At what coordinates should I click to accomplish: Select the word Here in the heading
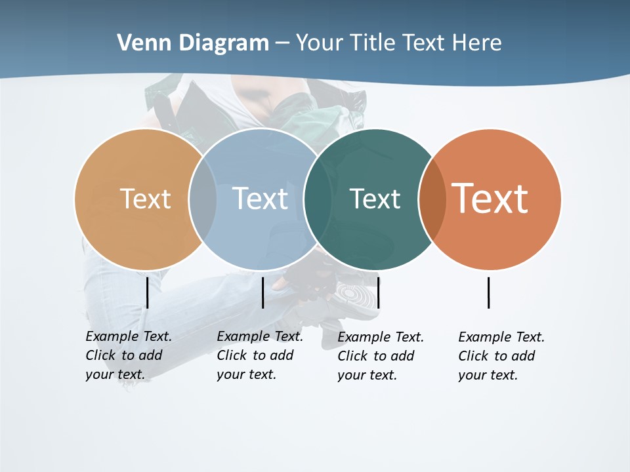477,43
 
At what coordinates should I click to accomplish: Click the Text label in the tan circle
145,199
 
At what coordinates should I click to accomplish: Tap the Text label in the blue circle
260,199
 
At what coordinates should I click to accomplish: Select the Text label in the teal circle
375,199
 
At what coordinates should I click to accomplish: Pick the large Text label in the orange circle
490,198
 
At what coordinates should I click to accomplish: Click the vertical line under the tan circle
147,292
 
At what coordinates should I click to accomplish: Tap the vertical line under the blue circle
262,292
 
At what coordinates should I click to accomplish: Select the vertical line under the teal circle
378,292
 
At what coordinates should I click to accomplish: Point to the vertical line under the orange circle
488,292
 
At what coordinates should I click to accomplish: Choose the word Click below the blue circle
231,355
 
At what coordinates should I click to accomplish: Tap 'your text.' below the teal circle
367,375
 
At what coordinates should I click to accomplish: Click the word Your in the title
320,43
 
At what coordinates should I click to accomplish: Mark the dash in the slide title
282,43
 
